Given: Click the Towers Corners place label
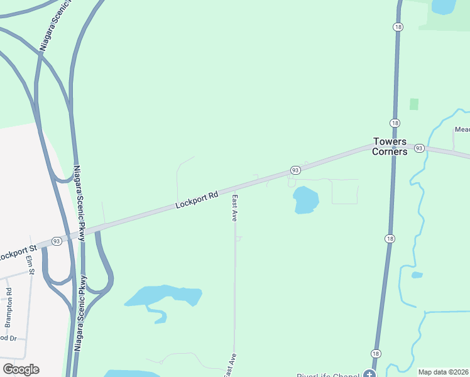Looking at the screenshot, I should pos(390,146).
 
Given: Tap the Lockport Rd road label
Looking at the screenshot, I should pos(197,199).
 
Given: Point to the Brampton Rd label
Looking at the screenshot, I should pos(9,308).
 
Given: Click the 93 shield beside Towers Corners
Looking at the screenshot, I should pos(420,148).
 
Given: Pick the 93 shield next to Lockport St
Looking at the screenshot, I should pos(57,241).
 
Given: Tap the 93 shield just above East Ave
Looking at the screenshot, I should pos(294,170).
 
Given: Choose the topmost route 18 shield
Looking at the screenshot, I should pos(398,27).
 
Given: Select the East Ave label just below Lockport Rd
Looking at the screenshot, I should pos(234,207).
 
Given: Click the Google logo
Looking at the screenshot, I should pos(21,369).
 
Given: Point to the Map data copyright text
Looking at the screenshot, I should pos(444,372).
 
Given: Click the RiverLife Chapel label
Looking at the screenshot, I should pos(332,374).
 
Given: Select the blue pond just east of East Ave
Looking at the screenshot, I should pos(306,200).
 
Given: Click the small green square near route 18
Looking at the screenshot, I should pos(414,104).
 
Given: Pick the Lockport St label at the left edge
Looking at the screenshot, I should pos(16,254).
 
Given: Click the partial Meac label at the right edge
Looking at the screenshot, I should pos(462,129).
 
